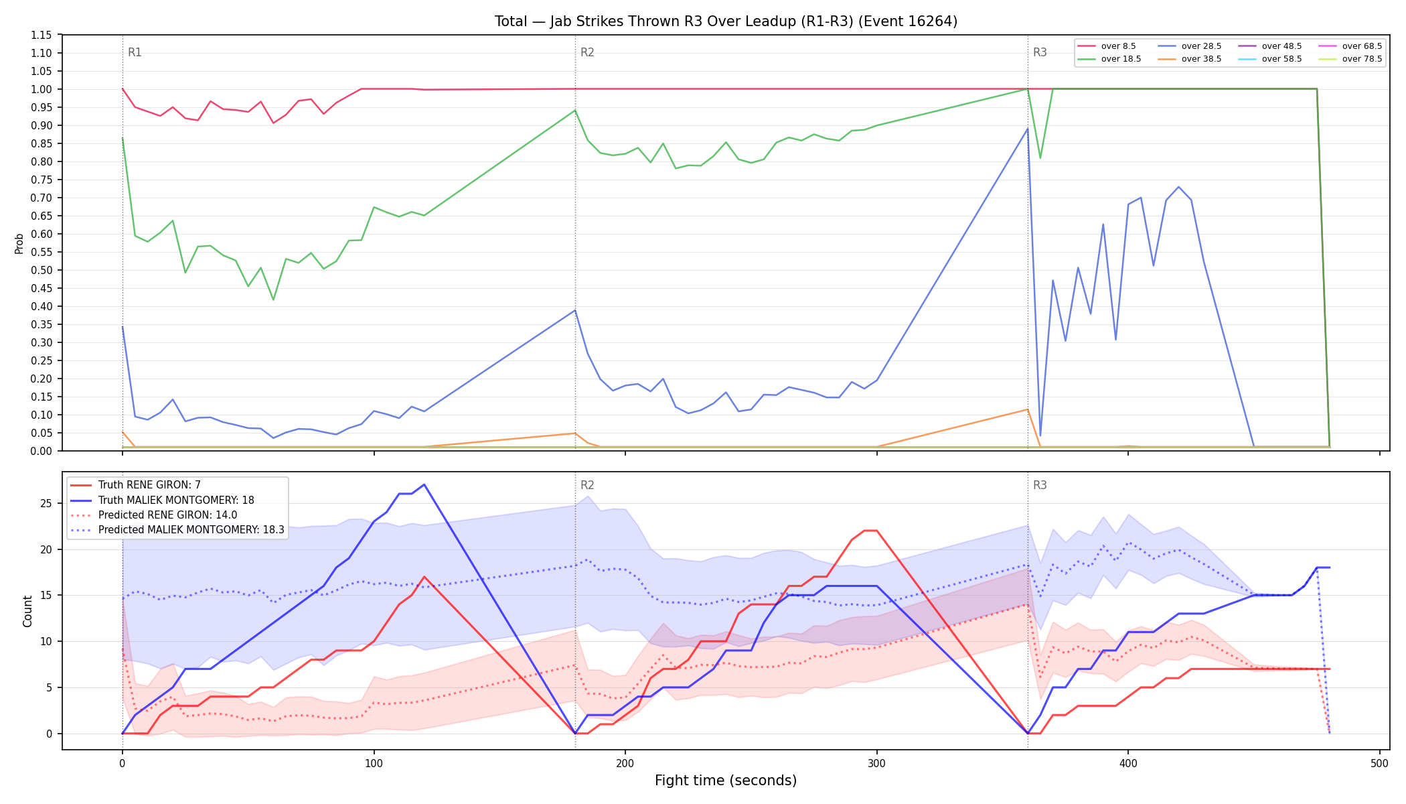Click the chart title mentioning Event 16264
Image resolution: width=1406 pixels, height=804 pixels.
pyautogui.click(x=726, y=21)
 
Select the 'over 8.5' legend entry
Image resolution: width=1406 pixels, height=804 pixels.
pyautogui.click(x=1107, y=46)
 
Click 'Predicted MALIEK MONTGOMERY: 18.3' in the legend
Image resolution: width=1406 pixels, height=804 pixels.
pyautogui.click(x=177, y=530)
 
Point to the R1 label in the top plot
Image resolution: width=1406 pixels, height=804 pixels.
pyautogui.click(x=135, y=53)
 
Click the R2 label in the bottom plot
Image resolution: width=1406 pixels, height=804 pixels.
pyautogui.click(x=587, y=486)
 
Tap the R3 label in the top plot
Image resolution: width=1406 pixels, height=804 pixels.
pyautogui.click(x=1040, y=53)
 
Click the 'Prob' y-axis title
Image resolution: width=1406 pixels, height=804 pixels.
pyautogui.click(x=19, y=243)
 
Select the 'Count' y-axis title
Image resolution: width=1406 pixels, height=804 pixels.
pyautogui.click(x=27, y=611)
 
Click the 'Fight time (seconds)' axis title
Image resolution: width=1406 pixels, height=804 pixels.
pyautogui.click(x=726, y=781)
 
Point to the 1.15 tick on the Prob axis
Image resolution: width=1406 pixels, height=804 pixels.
pyautogui.click(x=42, y=35)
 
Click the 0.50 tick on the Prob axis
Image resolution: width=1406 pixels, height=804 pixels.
pyautogui.click(x=42, y=270)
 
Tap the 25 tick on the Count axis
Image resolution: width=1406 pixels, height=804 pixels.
pyautogui.click(x=46, y=503)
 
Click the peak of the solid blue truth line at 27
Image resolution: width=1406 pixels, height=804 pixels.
pyautogui.click(x=424, y=484)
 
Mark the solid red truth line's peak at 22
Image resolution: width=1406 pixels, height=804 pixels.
pyautogui.click(x=870, y=531)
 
